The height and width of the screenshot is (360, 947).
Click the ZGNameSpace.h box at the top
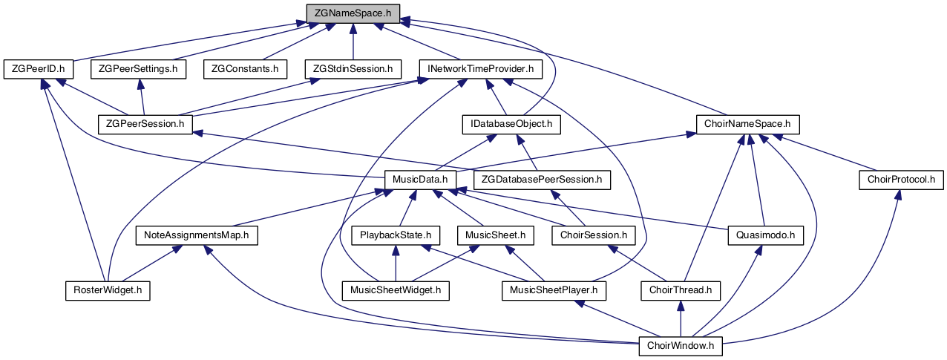click(x=353, y=13)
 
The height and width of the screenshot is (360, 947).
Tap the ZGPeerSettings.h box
click(x=138, y=69)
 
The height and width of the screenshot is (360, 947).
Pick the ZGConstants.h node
click(x=244, y=69)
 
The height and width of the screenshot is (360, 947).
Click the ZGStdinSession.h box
click(x=353, y=69)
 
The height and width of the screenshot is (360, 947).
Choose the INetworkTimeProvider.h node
click(x=479, y=69)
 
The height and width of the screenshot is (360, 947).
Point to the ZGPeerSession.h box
click(x=145, y=123)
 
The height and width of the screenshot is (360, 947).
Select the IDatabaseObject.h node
click(x=511, y=123)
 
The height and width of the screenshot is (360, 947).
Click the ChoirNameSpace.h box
click(x=747, y=123)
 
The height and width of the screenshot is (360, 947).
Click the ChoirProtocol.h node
click(x=901, y=179)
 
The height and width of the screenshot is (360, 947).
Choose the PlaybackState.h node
click(x=395, y=235)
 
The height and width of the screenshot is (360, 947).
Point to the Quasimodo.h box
click(x=766, y=235)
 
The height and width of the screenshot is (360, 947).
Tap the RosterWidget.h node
click(x=107, y=290)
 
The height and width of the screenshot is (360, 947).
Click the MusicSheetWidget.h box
click(x=396, y=290)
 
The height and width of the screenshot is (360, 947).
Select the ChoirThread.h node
click(x=681, y=290)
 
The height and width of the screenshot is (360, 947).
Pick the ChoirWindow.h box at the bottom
click(x=681, y=345)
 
